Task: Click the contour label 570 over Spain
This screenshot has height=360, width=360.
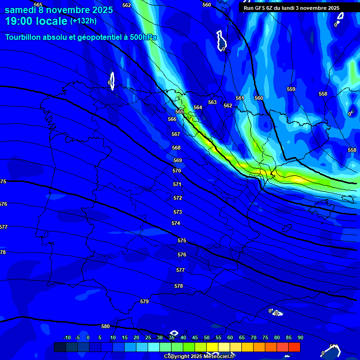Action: (x=177, y=171)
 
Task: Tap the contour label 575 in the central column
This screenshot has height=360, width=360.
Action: (x=182, y=240)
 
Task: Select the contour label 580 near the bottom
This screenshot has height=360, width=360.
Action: (x=105, y=326)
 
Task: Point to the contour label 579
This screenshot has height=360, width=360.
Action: (x=144, y=301)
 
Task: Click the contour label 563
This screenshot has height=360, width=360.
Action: (x=212, y=102)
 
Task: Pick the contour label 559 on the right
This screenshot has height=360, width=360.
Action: (x=291, y=89)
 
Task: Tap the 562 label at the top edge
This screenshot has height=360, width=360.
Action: (x=127, y=5)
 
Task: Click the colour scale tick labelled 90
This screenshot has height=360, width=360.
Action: (x=300, y=337)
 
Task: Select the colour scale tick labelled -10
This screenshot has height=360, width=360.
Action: (x=67, y=337)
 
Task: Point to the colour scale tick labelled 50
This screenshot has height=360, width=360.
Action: (x=207, y=337)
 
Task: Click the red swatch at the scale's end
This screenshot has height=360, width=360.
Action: (x=294, y=347)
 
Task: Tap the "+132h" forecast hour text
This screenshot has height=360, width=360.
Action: (x=83, y=21)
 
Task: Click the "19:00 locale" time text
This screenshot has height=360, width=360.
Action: (x=36, y=21)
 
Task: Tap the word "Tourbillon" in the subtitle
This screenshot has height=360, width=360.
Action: (x=24, y=37)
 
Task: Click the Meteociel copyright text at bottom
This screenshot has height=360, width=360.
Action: (x=199, y=356)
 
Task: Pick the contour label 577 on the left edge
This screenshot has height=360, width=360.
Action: (x=3, y=227)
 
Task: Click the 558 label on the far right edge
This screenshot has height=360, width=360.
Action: (x=352, y=150)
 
